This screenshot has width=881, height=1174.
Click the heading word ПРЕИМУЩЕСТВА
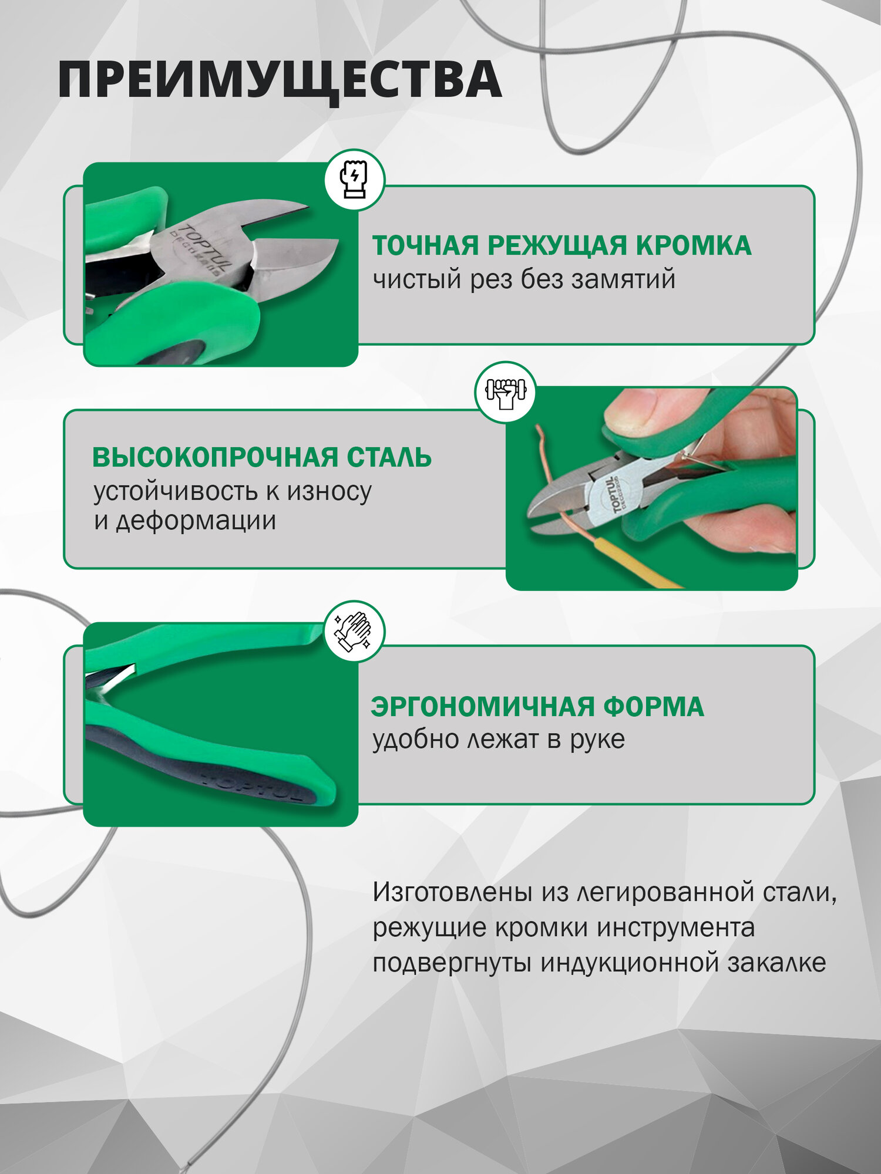(x=280, y=80)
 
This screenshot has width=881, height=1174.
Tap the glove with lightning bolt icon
(x=354, y=180)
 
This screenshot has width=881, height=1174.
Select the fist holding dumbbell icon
(x=505, y=392)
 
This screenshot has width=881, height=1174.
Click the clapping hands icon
(x=354, y=632)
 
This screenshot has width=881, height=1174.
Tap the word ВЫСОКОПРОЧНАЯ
(x=214, y=458)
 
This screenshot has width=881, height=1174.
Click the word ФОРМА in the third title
(x=653, y=707)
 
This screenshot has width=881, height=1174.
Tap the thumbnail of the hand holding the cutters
(x=651, y=488)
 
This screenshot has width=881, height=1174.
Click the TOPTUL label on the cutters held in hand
(x=611, y=495)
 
